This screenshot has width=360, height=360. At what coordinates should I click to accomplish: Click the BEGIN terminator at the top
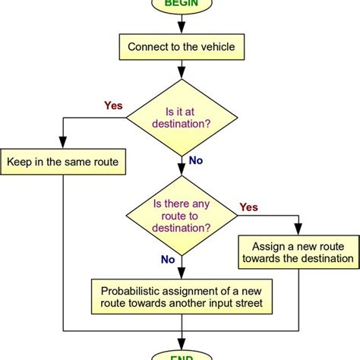click(181, 4)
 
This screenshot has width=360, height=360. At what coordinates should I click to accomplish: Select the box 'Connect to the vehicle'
click(181, 47)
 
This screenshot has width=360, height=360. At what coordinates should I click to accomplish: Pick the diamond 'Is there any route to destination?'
click(181, 218)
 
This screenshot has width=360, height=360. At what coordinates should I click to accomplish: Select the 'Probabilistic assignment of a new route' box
click(181, 296)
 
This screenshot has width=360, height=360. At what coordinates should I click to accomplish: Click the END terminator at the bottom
click(181, 355)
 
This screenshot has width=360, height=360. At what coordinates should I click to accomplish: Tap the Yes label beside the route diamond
click(249, 207)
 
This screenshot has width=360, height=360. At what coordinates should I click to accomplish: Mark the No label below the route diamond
click(168, 260)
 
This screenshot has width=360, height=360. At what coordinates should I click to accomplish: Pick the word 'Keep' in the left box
click(21, 162)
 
